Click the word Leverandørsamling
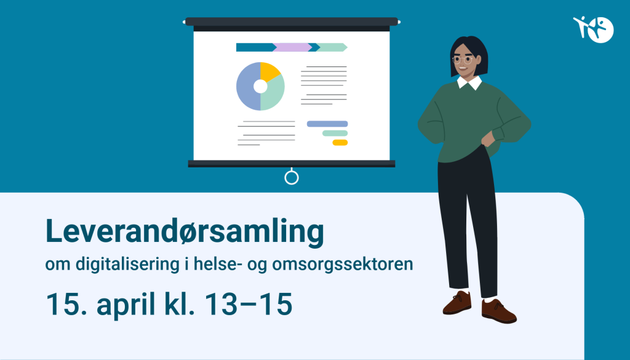point(185,232)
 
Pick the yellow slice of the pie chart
point(269,72)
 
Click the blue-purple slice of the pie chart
point(246,89)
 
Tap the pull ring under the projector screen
point(292,178)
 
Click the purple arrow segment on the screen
point(293,47)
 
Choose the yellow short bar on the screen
point(340,143)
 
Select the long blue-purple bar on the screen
point(327,124)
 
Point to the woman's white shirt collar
point(469,83)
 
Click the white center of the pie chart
point(260,86)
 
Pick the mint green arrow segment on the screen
point(333,47)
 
